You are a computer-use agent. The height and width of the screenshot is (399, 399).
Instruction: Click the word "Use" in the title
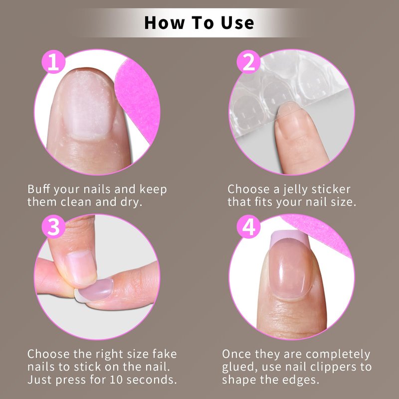[237, 23]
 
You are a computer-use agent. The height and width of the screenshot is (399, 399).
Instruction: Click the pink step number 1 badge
[53, 62]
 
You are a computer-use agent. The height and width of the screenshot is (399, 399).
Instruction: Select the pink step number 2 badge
[248, 62]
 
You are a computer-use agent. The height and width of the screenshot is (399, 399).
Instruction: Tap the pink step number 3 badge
[53, 227]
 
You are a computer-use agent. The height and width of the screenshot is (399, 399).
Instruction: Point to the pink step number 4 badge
[248, 227]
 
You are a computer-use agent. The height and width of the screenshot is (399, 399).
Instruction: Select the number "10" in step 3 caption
[116, 380]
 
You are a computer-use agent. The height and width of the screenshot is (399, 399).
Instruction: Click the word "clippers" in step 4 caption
[334, 368]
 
